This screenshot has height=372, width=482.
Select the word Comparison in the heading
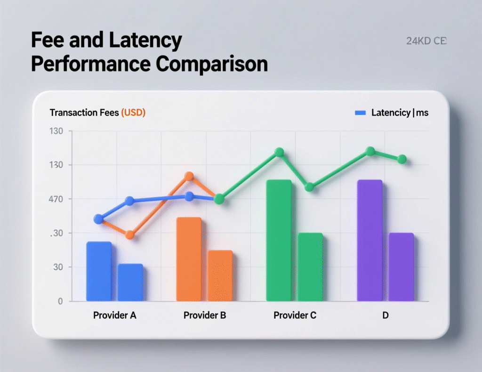212,64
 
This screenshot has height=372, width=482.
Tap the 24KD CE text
426,41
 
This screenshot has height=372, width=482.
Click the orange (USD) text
133,113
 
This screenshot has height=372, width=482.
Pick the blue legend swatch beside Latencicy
360,113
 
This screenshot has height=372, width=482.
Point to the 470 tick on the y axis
56,199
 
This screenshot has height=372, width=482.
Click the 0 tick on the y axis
60,301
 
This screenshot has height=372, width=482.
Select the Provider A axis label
114,315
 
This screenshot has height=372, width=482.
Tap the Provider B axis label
205,315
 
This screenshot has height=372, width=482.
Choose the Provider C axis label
295,315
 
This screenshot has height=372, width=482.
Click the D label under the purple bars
385,315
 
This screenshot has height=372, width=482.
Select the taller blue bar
99,271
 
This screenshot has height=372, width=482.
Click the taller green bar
279,240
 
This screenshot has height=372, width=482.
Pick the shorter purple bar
401,267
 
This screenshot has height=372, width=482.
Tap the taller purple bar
370,240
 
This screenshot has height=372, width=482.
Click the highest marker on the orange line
189,176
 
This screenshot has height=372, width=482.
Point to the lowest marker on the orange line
130,235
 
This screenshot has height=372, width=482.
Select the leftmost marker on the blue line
98,219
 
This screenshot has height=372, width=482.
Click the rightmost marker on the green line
402,160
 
